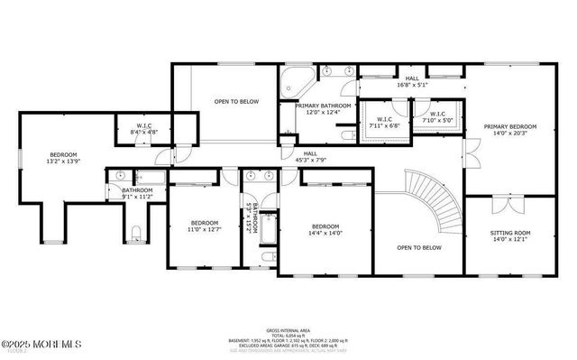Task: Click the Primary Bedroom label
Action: pyautogui.click(x=509, y=132)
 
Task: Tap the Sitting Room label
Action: pyautogui.click(x=509, y=236)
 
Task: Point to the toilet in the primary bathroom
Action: pyautogui.click(x=348, y=135)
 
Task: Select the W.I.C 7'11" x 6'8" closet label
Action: pyautogui.click(x=383, y=122)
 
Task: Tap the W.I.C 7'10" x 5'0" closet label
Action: pyautogui.click(x=437, y=118)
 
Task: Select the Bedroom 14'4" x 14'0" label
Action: pyautogui.click(x=325, y=230)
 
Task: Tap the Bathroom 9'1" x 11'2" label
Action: pyautogui.click(x=137, y=194)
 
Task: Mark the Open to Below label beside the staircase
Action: pyautogui.click(x=419, y=247)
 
